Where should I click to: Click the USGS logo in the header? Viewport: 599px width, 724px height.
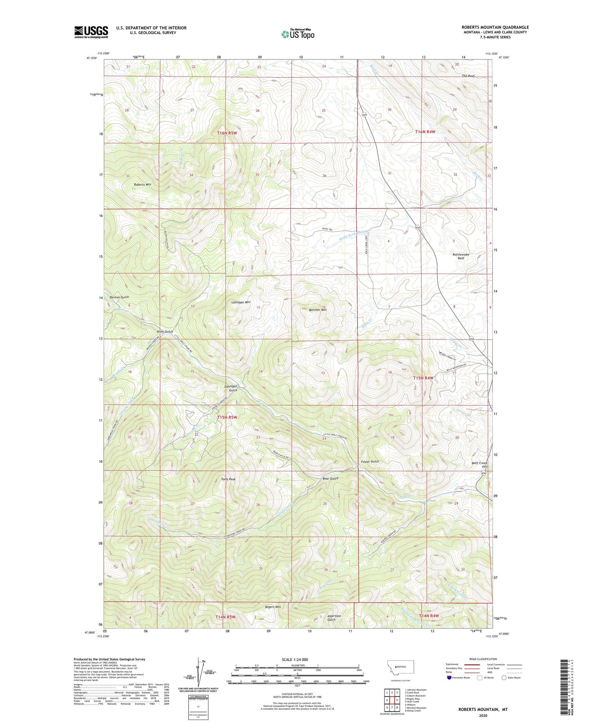91,32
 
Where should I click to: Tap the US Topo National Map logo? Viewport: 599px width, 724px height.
298,34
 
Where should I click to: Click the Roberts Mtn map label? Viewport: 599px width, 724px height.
143,184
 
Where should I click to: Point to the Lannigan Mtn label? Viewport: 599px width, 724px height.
241,302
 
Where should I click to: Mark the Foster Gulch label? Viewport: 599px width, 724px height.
369,461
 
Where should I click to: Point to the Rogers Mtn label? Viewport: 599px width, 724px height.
273,607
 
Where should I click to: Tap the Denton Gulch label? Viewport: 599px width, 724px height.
119,297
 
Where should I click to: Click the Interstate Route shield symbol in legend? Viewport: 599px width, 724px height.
449,677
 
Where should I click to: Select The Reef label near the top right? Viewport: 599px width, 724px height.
468,76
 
